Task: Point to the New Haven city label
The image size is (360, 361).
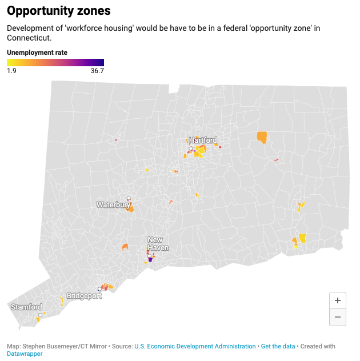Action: click(158, 244)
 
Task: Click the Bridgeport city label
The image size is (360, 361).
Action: click(84, 296)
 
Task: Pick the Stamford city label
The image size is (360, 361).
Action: click(27, 307)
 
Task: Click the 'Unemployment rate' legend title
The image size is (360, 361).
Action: click(37, 53)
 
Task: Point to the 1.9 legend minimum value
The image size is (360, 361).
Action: click(11, 71)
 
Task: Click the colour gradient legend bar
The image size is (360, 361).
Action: click(55, 62)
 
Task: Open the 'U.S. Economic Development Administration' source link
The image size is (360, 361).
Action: click(195, 346)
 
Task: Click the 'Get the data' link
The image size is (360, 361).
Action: click(278, 346)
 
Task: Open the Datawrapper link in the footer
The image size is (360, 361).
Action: click(25, 354)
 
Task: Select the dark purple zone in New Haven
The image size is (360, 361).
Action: click(150, 259)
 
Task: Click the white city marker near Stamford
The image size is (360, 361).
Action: click(40, 315)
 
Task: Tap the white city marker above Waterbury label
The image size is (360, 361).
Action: click(129, 198)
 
